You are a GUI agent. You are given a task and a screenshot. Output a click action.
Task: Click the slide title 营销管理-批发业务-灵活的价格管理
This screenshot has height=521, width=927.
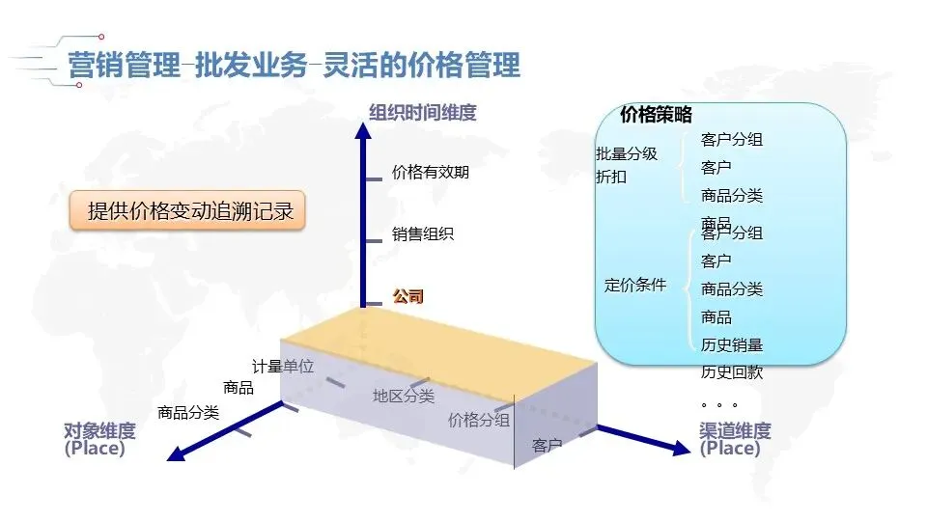(x=294, y=66)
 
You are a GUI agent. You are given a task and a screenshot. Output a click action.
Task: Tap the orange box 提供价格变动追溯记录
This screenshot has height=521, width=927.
(x=189, y=211)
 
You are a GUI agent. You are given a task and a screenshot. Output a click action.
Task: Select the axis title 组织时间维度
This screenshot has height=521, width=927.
(x=423, y=113)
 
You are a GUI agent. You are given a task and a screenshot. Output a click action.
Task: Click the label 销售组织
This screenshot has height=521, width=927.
(x=423, y=233)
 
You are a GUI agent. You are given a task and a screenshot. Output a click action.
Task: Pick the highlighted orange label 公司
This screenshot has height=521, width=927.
(x=407, y=296)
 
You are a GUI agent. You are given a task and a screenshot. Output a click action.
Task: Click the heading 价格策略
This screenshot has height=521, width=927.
(x=656, y=115)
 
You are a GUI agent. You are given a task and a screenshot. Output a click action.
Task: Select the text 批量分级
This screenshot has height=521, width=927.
(x=627, y=153)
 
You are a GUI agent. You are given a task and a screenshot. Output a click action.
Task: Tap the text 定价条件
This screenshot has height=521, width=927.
(x=635, y=285)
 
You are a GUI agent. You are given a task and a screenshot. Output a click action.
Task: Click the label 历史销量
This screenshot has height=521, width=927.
(x=731, y=344)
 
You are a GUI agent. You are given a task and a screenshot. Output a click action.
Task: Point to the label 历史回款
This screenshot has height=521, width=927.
(x=731, y=371)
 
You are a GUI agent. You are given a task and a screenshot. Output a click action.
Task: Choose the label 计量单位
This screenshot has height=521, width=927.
(x=283, y=367)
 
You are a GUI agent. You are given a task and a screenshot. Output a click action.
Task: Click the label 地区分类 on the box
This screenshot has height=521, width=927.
(x=404, y=396)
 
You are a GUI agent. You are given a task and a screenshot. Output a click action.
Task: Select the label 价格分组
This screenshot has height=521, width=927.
(x=480, y=420)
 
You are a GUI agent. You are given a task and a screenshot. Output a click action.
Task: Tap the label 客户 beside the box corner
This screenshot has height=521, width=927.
(x=547, y=446)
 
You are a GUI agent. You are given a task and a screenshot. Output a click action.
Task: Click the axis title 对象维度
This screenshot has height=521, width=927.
(x=99, y=430)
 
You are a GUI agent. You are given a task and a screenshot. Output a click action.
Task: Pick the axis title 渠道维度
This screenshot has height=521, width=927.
(x=735, y=430)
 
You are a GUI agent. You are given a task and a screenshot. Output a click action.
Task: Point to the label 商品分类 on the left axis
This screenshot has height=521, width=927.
(x=188, y=413)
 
